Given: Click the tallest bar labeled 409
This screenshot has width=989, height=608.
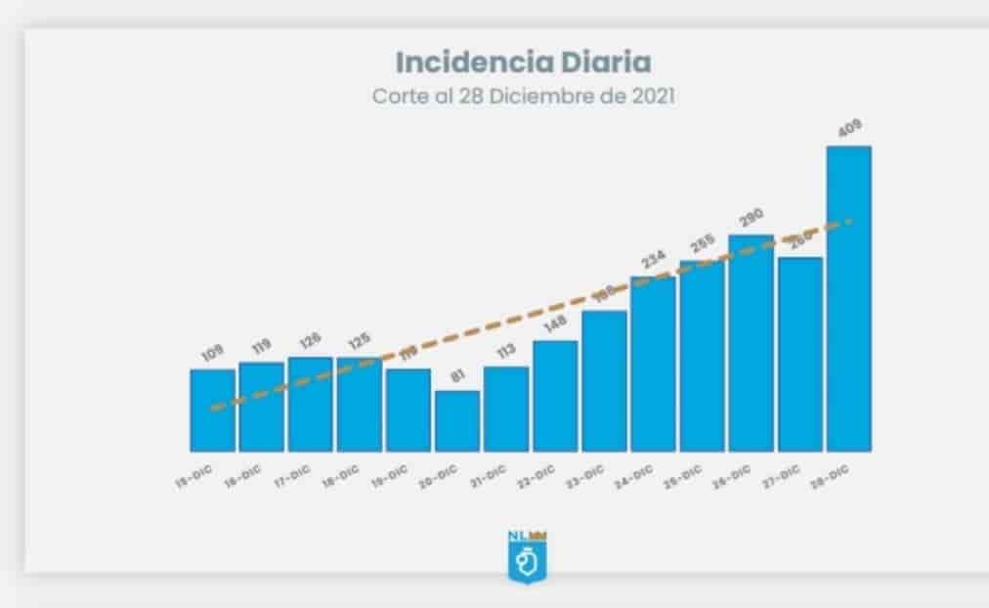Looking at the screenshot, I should (848, 298).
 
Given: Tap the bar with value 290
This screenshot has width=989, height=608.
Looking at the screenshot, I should (751, 342).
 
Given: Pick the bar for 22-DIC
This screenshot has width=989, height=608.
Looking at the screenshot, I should (555, 395).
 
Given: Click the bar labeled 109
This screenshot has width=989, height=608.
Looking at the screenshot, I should (212, 410).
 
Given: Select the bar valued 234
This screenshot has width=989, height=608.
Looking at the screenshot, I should (653, 364).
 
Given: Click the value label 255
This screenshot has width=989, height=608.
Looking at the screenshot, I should (703, 243).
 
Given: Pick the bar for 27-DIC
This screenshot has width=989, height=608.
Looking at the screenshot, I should (799, 354).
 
